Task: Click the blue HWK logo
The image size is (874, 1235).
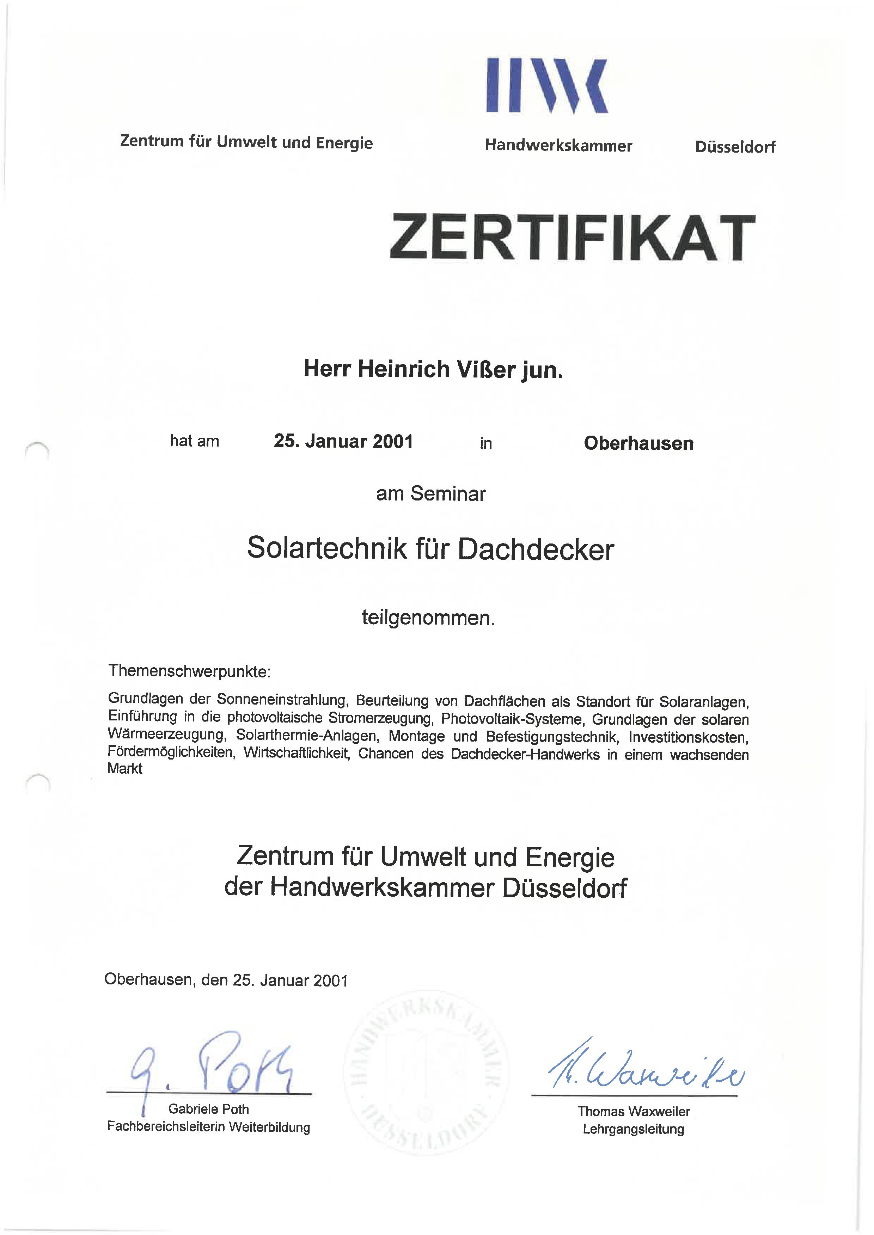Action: click(x=547, y=86)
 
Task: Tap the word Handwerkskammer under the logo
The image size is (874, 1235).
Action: click(x=558, y=146)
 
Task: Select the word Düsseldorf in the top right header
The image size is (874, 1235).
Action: click(x=735, y=147)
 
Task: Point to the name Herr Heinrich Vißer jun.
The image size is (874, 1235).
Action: click(x=433, y=369)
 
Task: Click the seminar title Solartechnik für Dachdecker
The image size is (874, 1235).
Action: click(x=430, y=549)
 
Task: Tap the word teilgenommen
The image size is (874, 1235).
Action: click(x=428, y=618)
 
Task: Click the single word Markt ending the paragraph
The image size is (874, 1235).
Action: click(x=125, y=769)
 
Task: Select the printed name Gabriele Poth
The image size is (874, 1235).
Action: click(x=208, y=1109)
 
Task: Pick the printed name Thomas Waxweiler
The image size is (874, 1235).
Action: click(x=634, y=1111)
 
